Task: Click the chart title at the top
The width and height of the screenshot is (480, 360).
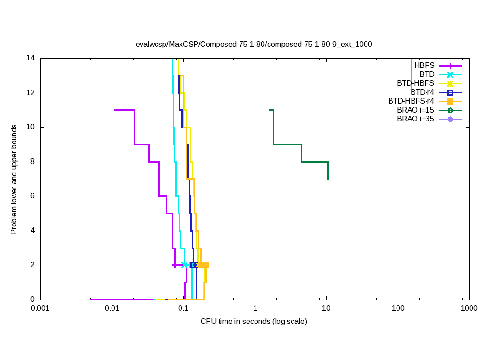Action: pos(254,45)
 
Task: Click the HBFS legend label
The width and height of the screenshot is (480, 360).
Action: pos(424,66)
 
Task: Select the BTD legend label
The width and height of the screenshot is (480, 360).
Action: pos(427,75)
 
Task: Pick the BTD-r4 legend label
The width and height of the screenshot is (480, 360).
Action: pos(422,92)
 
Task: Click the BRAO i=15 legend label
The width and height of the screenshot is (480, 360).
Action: pos(415,110)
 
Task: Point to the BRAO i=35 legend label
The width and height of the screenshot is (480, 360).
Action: pos(415,119)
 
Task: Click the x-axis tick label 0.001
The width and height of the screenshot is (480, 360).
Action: pos(40,308)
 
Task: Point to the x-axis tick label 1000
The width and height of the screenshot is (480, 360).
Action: pos(469,308)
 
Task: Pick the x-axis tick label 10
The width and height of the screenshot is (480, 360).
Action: pos(326,308)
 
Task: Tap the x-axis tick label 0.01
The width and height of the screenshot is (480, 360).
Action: pos(112,308)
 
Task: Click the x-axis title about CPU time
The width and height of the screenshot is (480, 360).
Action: pos(254,322)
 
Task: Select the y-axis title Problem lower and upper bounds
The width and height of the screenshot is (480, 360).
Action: pos(14,179)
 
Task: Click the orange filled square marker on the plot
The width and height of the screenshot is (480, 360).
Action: pos(204,265)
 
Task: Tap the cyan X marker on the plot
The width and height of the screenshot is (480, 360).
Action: pos(185,265)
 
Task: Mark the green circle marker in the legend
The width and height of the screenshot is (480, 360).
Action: pos(450,110)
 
